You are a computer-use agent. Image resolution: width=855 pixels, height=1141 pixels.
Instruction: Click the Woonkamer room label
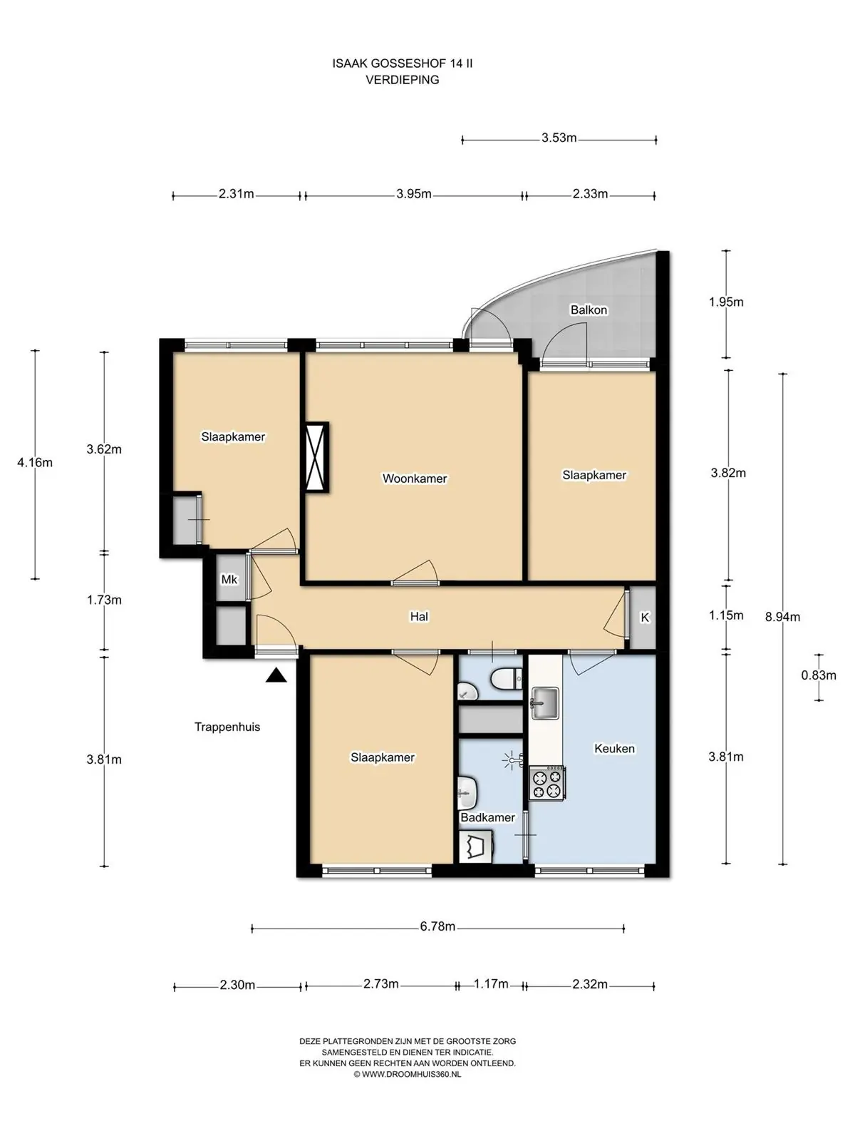pos(414,479)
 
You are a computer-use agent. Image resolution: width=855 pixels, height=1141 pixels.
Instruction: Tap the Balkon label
pos(589,309)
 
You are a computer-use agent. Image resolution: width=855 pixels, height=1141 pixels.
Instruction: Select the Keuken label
pos(615,749)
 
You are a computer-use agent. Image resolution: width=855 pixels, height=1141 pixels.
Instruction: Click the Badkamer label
pos(487,817)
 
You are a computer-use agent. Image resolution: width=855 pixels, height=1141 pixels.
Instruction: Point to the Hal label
pos(419,617)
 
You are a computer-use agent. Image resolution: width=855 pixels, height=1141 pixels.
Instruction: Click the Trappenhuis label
pos(227,727)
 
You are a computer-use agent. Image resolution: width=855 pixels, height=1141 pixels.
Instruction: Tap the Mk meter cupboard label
pos(229,579)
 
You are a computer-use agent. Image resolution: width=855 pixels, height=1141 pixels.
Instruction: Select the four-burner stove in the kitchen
pos(547,783)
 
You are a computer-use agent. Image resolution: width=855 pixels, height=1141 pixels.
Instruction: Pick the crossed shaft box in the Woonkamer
pos(316,458)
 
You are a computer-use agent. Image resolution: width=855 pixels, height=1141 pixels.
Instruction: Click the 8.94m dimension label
pos(782,617)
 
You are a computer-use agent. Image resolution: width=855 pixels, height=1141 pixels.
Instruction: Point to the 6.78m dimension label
pos(437,926)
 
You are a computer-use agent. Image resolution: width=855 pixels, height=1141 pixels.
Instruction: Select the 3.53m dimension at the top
pos(559,138)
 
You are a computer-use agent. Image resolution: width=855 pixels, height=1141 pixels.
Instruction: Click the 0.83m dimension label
pos(819,675)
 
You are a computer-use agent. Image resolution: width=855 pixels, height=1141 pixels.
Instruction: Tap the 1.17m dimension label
pos(491,983)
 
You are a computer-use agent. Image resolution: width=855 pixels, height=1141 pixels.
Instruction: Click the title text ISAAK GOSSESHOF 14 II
pos(403,63)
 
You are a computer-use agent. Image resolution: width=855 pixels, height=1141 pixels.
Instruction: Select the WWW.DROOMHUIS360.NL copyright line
pos(408,1074)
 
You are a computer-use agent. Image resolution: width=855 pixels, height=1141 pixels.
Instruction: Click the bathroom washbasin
pos(467,793)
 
